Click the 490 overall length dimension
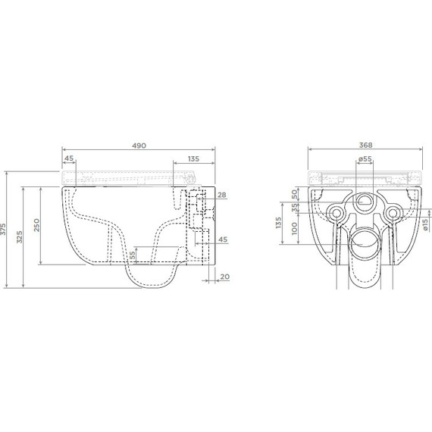pos(139,145)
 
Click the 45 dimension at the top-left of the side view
pos(69,159)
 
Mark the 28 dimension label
pos(222,196)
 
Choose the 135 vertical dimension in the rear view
pos(280,223)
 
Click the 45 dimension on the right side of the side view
pos(222,239)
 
